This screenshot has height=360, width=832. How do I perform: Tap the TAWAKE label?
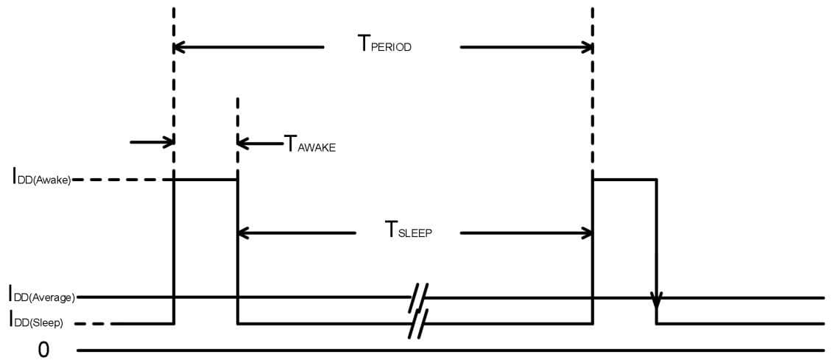pyautogui.click(x=310, y=144)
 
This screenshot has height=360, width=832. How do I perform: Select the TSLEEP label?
pyautogui.click(x=408, y=230)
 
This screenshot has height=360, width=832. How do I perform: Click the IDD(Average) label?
pyautogui.click(x=42, y=297)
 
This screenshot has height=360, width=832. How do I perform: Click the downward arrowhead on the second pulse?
pyautogui.click(x=656, y=301)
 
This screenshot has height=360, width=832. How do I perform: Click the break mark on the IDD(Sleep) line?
pyautogui.click(x=418, y=324)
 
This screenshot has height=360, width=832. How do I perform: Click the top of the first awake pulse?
pyautogui.click(x=205, y=179)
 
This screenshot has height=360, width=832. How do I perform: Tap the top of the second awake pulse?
pyautogui.click(x=624, y=179)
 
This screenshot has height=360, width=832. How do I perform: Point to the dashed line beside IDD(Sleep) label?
pyautogui.click(x=94, y=324)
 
